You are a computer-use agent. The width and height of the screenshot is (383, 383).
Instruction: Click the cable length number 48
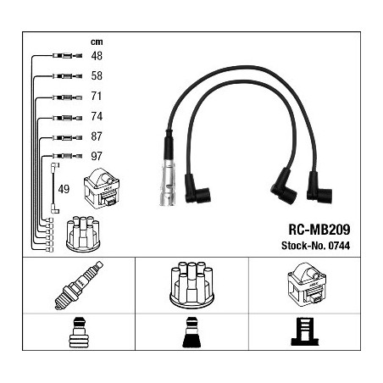click(97, 56)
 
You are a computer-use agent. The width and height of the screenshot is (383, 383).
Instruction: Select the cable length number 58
click(97, 75)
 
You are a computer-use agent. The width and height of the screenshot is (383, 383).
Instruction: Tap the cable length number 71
click(97, 96)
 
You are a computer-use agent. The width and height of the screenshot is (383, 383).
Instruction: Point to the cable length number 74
click(97, 116)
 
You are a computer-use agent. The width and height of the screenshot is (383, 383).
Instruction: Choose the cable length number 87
click(97, 136)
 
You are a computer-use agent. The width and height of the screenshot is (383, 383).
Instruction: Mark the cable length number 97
click(97, 156)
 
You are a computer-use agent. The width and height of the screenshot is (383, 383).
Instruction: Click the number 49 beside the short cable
click(64, 189)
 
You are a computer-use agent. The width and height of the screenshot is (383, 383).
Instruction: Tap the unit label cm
click(97, 42)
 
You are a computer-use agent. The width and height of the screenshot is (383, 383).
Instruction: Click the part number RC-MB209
click(319, 230)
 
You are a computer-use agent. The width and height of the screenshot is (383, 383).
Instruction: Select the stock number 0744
click(339, 246)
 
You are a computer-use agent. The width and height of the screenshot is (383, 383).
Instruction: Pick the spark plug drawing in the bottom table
click(79, 286)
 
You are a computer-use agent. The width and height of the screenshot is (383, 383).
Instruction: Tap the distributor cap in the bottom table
click(191, 286)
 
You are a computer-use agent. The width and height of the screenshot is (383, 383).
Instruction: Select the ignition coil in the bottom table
click(307, 284)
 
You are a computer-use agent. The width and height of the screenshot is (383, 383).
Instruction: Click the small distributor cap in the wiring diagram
click(83, 234)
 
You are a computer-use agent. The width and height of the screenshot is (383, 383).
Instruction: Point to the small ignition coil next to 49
click(102, 188)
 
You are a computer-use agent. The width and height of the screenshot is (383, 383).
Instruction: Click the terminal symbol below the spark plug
click(79, 332)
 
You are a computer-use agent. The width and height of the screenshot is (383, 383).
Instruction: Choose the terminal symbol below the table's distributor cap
click(191, 332)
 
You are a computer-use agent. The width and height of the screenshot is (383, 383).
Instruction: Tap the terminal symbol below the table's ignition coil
click(305, 331)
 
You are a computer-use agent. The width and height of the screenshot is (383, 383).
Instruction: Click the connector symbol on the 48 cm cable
click(67, 56)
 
